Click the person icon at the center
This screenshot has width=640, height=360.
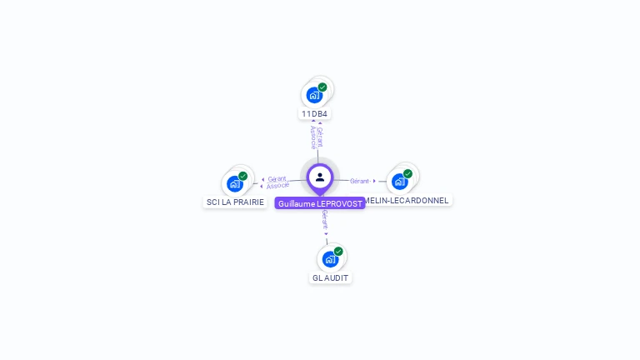coord(320,177)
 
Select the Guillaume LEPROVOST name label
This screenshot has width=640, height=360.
coord(320,203)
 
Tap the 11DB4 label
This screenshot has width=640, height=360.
coord(315,113)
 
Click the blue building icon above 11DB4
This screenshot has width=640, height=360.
coord(314,95)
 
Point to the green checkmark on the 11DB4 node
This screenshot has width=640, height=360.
coord(322,87)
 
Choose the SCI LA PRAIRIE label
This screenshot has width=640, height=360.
coord(235,202)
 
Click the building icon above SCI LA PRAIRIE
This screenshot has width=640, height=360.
coord(235,183)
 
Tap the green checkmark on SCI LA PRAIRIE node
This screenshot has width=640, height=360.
coord(243,176)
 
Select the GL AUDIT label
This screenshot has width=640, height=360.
coord(331,277)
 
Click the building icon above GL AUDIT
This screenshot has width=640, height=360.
coord(330,259)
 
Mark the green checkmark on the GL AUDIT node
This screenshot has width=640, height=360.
coord(338,252)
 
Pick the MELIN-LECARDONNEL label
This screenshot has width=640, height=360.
coord(408,200)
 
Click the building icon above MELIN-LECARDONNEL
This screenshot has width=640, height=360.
coord(400,181)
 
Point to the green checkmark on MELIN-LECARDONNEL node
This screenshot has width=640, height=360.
coord(408,173)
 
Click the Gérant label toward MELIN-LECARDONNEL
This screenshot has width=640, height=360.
coord(360,181)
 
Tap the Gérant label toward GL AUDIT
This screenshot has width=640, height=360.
coord(325,220)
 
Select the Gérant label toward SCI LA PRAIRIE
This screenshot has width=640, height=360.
coord(277,179)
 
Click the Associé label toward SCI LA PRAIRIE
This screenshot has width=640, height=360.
coord(277,186)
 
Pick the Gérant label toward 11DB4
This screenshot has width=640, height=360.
coord(320,136)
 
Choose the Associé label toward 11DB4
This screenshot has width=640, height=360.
coord(312,137)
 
